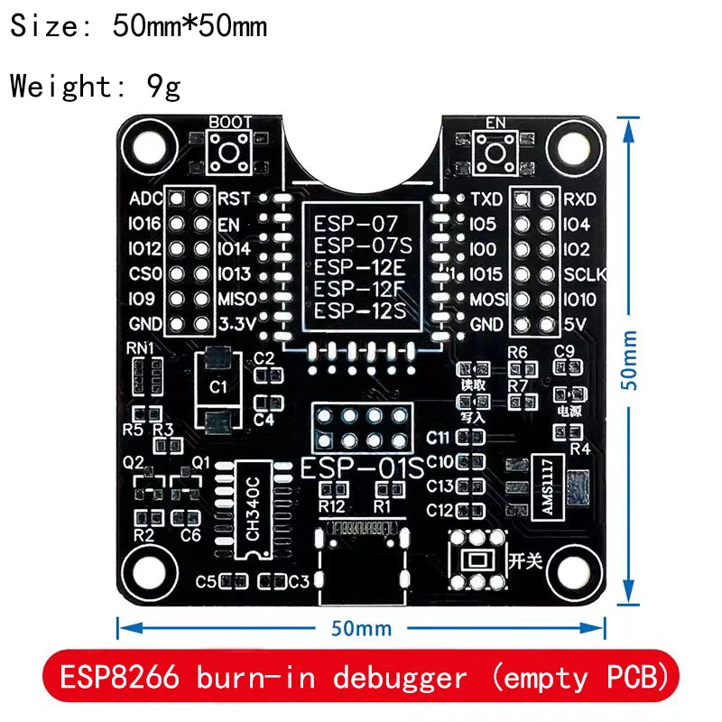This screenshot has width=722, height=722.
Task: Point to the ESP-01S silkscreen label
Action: (361, 468)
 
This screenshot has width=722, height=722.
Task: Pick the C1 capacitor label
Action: (217, 387)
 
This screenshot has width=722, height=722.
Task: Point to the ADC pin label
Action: (145, 199)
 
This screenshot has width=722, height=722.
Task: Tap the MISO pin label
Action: (238, 299)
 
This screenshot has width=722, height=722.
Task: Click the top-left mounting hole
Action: (145, 143)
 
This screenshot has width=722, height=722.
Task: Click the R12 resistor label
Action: (331, 504)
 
